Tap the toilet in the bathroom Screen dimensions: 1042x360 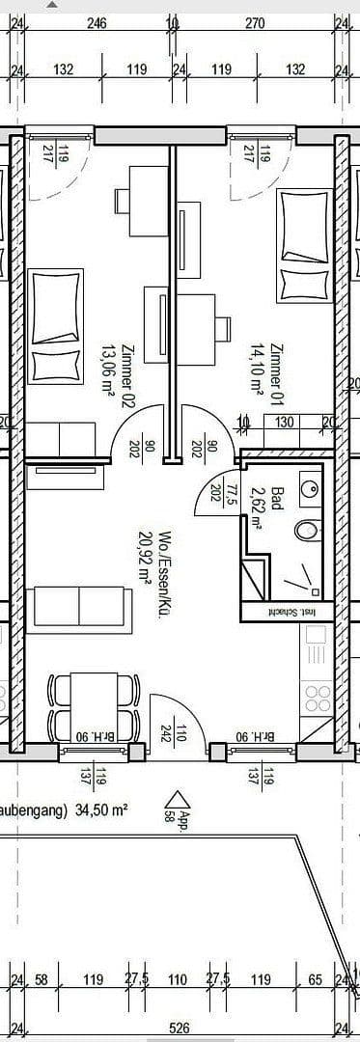click(308, 530)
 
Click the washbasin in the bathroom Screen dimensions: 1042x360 click(309, 489)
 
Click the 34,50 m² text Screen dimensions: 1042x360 click(97, 811)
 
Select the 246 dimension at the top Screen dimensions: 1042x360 click(97, 23)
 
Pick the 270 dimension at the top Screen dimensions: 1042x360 click(254, 23)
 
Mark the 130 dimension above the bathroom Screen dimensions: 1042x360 click(286, 422)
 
